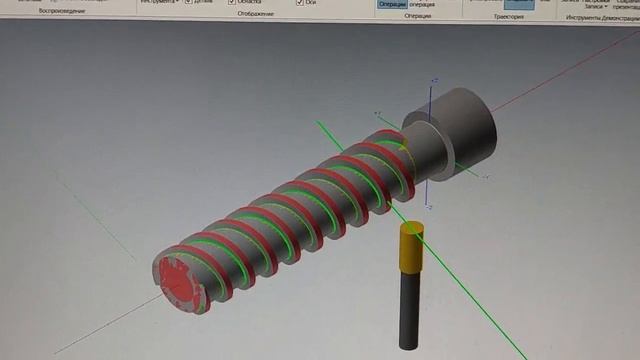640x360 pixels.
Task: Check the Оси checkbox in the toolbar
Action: (x=301, y=3)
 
